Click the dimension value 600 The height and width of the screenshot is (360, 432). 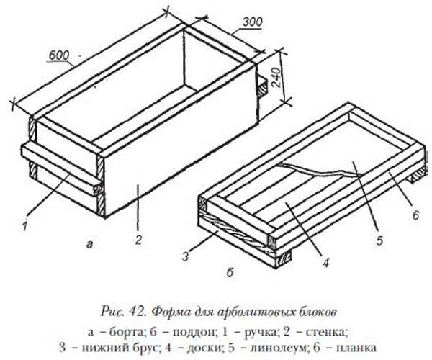point(59,55)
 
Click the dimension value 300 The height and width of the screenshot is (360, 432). point(253,22)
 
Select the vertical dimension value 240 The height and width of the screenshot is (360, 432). point(276,77)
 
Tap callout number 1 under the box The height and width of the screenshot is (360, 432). point(24,226)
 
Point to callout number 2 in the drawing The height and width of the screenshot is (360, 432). point(138,240)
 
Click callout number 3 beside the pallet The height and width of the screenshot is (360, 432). point(186,256)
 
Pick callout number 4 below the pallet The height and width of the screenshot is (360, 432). point(326,262)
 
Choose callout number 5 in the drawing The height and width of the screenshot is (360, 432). point(379,240)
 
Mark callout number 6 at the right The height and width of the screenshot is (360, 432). point(415,215)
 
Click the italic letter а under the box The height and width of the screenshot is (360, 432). point(89,243)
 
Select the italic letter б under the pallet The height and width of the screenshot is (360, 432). point(230,272)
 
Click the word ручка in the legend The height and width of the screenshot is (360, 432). point(260,333)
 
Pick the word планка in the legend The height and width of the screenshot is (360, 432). point(357,348)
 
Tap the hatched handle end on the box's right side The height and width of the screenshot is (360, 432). point(262,87)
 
